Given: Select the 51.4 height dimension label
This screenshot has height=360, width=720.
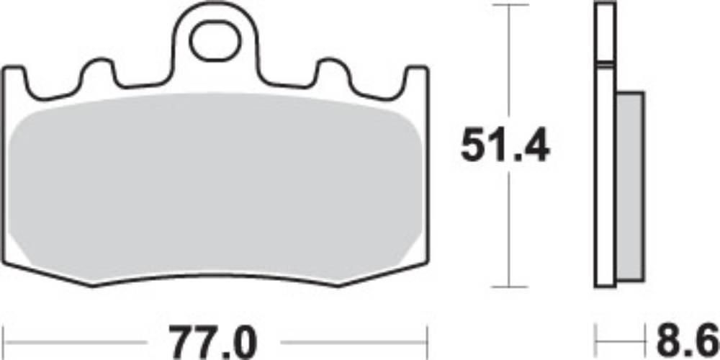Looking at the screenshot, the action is pyautogui.click(x=505, y=145).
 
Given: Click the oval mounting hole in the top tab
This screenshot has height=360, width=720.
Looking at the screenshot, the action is pyautogui.click(x=215, y=42).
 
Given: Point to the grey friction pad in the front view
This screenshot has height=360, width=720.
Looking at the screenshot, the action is pyautogui.click(x=215, y=187).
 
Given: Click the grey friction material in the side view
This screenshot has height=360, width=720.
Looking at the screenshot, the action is pyautogui.click(x=629, y=186).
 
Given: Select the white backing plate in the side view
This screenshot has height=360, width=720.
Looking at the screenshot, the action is pyautogui.click(x=605, y=145).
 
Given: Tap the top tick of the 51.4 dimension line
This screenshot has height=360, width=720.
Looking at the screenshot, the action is pyautogui.click(x=509, y=4).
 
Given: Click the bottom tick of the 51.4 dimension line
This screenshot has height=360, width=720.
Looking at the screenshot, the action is pyautogui.click(x=509, y=287).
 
